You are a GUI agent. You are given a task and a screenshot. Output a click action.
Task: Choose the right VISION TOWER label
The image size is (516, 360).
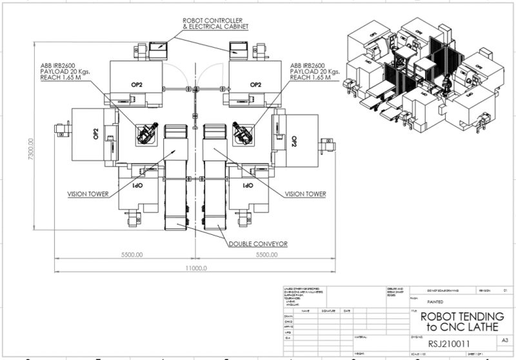point(305,194)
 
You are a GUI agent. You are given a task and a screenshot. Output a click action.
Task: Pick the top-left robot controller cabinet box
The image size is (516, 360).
point(158,48)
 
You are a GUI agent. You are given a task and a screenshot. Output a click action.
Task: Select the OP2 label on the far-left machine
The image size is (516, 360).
point(95,134)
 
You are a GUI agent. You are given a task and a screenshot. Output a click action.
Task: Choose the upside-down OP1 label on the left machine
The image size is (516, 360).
point(137,185)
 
